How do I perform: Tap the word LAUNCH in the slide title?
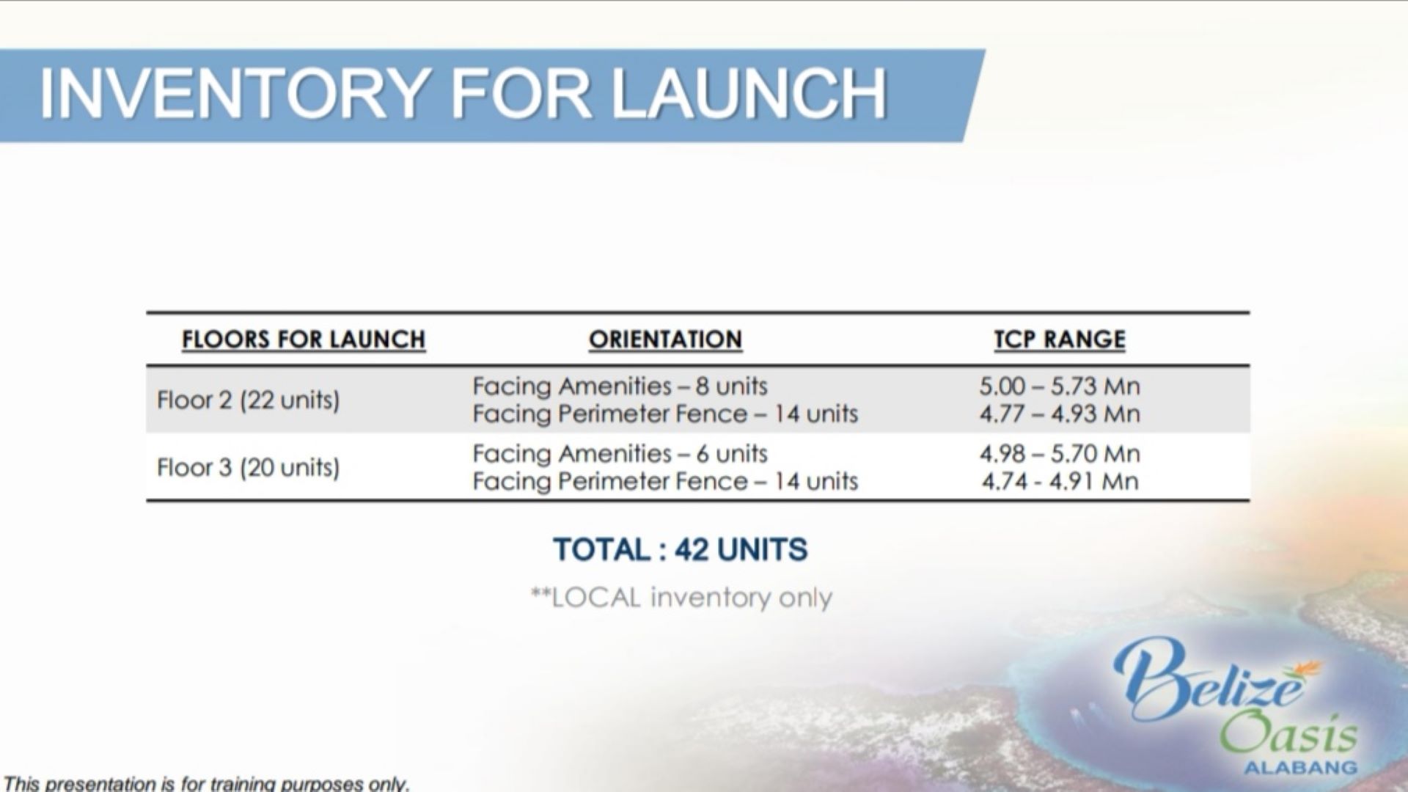[749, 94]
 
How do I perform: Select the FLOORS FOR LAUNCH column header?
[304, 340]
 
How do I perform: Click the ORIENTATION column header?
[665, 340]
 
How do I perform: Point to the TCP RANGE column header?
[1060, 340]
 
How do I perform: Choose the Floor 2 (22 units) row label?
[249, 400]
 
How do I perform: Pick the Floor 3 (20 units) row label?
[249, 468]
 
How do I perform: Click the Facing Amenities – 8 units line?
[620, 386]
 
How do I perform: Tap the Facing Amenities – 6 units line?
[620, 453]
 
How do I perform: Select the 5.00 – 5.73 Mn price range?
[1060, 386]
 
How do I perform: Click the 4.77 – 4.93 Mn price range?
[1060, 414]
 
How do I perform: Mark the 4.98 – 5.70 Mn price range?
[1060, 453]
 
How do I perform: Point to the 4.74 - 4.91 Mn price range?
[1060, 481]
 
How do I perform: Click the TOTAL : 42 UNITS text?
[681, 549]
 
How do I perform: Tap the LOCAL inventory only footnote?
[682, 598]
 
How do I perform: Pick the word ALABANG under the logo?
[1300, 768]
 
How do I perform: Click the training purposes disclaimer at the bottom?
[206, 783]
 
